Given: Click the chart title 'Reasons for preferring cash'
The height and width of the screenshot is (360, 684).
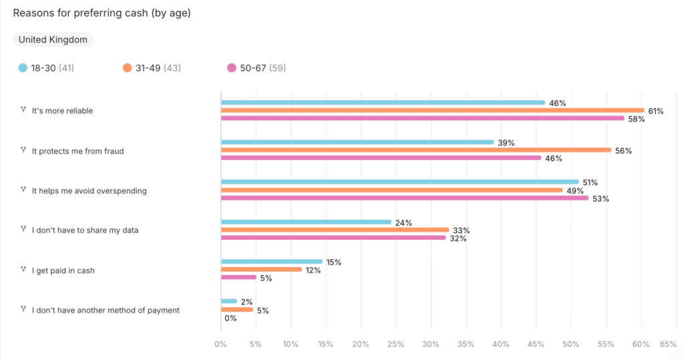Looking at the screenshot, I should point(102,13).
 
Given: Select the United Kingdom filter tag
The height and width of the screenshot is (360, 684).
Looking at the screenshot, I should point(53,39).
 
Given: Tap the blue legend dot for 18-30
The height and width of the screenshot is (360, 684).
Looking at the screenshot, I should point(23,67).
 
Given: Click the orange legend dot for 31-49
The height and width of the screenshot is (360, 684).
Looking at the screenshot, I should point(127,67).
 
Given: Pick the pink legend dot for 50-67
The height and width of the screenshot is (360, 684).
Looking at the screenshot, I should point(232,67).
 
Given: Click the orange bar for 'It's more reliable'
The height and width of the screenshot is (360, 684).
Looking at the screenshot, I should point(432,110).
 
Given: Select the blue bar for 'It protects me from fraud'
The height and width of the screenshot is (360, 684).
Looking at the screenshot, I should point(357,142).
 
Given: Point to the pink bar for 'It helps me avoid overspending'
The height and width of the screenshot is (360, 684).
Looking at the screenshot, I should point(405,198).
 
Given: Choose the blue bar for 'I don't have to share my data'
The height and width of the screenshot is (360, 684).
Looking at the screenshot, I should point(306,222).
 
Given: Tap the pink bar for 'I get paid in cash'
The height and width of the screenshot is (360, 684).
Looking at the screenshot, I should point(238,277).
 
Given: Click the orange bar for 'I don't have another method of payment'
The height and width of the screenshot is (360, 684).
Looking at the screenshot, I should point(237,309).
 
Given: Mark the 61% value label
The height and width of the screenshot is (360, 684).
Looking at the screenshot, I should point(655,111).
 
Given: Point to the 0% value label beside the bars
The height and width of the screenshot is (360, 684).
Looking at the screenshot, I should point(230,319).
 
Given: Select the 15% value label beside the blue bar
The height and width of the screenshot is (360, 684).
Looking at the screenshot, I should point(333,262).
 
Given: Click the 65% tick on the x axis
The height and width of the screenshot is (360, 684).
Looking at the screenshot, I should point(667,344).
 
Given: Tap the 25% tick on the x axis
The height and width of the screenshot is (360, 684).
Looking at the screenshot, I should point(395,344).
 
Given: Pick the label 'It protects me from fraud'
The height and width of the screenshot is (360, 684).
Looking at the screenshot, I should point(77,151).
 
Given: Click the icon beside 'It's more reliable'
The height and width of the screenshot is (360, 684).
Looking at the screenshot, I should point(23,110).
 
